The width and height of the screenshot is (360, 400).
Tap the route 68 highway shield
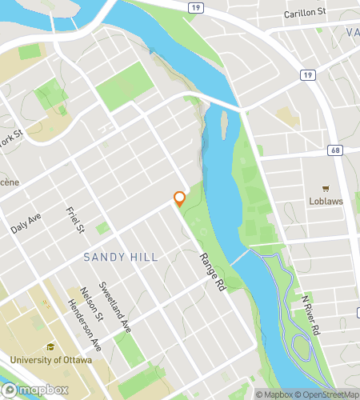tap(333, 150)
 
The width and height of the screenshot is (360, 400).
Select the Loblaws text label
tap(326, 202)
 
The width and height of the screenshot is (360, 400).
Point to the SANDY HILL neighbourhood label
tap(121, 257)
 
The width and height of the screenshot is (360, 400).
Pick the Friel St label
tap(75, 221)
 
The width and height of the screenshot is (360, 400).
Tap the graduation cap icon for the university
tap(50, 347)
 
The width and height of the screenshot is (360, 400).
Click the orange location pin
tap(180, 198)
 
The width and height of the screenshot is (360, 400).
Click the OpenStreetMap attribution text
tap(328, 394)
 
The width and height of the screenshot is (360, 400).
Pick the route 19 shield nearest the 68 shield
tap(306, 74)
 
